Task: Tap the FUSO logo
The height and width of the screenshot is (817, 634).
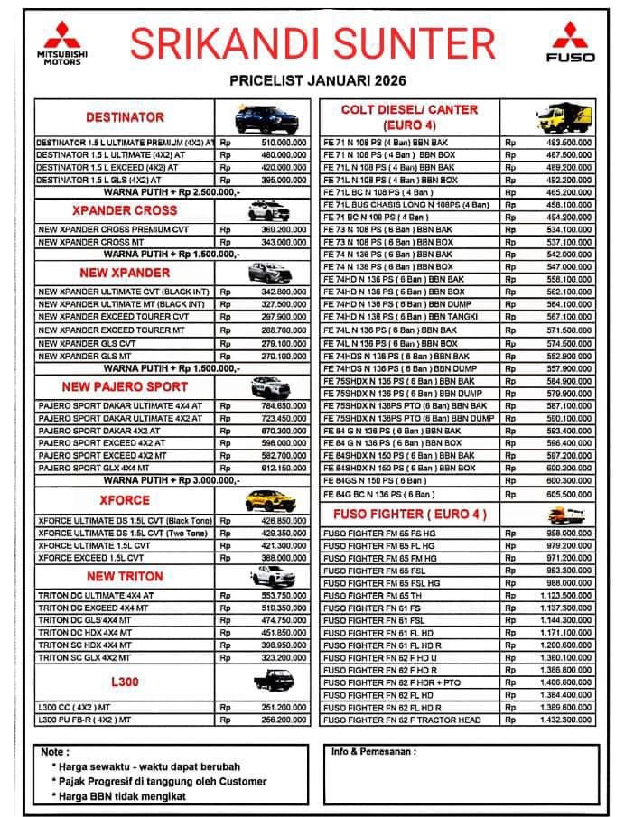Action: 571,42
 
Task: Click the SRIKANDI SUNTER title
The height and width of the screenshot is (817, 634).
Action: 312,43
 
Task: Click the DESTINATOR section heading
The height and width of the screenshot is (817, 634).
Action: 125,117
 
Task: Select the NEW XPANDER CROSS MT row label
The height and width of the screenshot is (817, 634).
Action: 89,243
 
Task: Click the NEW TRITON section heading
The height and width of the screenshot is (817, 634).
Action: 125,576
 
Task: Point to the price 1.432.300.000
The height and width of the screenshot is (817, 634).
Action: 567,720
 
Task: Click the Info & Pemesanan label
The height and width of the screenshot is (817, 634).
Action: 373,751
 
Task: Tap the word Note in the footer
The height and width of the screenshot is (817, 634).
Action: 54,752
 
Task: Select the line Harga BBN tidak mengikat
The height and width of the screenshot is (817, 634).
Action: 119,795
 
